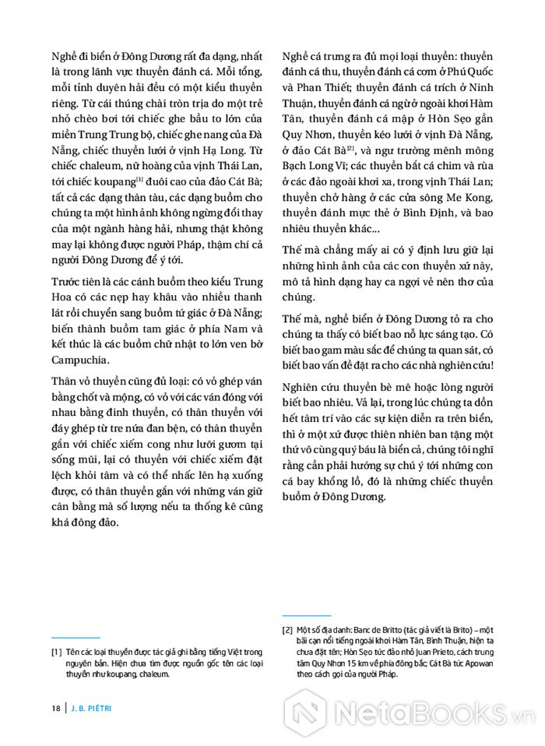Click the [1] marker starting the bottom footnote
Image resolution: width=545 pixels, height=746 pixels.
[55, 650]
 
